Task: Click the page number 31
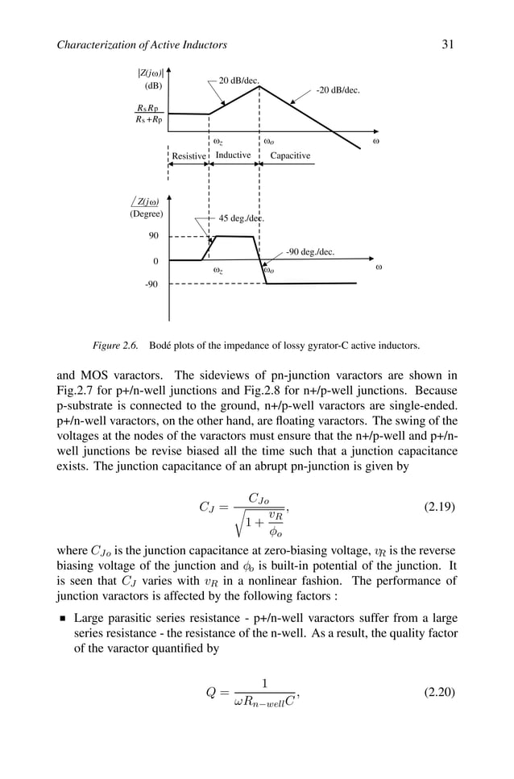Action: pos(448,44)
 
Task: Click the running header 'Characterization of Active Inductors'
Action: pos(142,44)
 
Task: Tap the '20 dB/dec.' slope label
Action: pos(239,81)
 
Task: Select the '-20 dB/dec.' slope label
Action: pos(338,91)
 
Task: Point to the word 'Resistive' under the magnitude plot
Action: pos(189,156)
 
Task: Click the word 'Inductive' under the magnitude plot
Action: pos(234,155)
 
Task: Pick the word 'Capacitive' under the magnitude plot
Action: pos(290,156)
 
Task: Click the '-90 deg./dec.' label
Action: pos(310,252)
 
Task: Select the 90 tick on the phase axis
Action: pos(152,236)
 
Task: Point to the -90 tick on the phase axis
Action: pos(151,284)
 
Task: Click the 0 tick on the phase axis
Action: pos(155,262)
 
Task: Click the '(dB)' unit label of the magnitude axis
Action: pos(153,85)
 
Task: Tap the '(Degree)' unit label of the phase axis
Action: pos(146,213)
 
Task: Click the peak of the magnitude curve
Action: pos(259,86)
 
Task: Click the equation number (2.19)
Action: pos(440,508)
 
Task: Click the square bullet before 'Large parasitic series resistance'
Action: pos(61,619)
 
